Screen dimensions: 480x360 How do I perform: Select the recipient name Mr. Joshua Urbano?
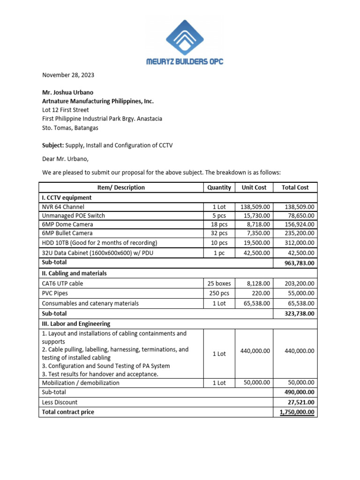[x=68, y=92]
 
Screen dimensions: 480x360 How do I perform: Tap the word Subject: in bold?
[x=53, y=145]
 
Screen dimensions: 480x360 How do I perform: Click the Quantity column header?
[x=219, y=187]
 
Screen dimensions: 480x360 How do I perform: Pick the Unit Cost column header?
[x=254, y=187]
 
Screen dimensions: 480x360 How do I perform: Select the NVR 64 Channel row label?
[x=63, y=207]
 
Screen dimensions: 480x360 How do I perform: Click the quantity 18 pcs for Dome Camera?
[x=219, y=225]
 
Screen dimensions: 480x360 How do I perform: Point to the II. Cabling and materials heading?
[x=74, y=273]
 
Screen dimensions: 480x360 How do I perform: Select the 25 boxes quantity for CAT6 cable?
[x=219, y=283]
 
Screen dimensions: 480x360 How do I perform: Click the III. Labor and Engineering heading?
[x=76, y=323]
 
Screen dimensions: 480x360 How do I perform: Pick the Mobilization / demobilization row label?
[x=81, y=382]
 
